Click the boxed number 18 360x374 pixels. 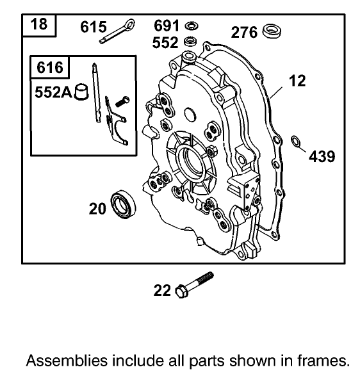[x=39, y=26]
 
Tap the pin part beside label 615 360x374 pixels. [x=119, y=31]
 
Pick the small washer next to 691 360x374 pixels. [x=190, y=26]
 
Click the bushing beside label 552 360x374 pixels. [x=190, y=42]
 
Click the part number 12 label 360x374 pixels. [x=297, y=81]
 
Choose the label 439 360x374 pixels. [x=322, y=156]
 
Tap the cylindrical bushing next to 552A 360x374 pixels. [x=80, y=93]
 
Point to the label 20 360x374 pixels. [x=97, y=207]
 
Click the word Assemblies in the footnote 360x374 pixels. [x=61, y=357]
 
